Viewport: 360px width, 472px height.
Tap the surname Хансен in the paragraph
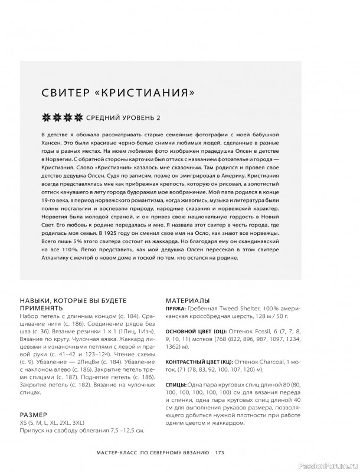53,143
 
